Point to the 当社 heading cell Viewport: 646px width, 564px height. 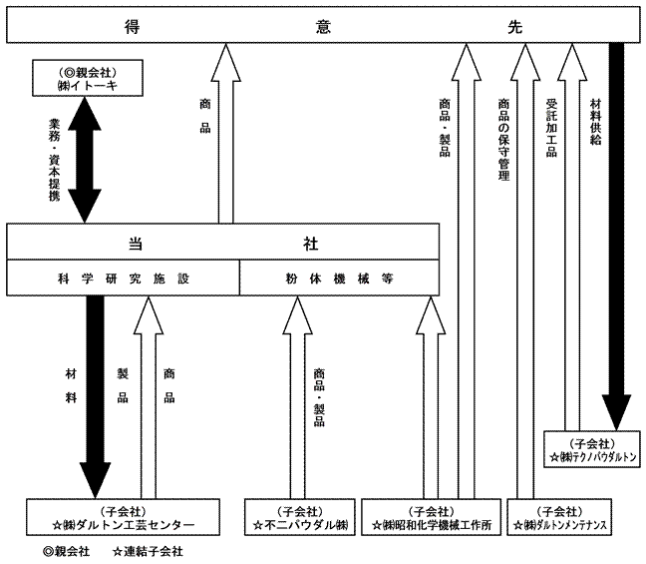pos(223,243)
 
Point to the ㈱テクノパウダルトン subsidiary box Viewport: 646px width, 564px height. pos(591,449)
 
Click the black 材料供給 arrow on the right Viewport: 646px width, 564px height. pos(617,230)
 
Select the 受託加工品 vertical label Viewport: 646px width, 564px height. pos(550,127)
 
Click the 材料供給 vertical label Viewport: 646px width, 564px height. pos(595,122)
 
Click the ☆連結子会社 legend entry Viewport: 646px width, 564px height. pos(149,550)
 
